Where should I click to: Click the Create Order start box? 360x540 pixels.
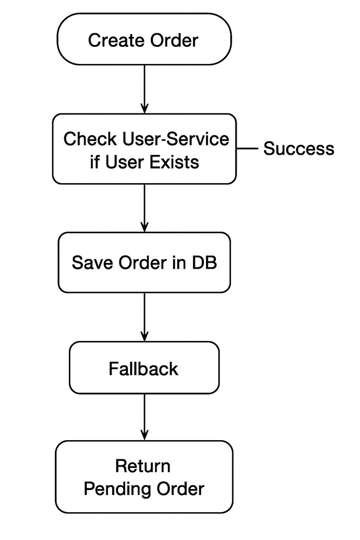click(144, 39)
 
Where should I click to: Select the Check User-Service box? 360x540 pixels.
click(144, 149)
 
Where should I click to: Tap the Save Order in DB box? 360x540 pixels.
click(144, 262)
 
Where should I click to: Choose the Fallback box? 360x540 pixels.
click(144, 368)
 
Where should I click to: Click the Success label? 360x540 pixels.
click(299, 148)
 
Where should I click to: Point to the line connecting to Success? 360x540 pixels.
click(247, 149)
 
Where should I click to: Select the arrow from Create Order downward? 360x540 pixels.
click(144, 89)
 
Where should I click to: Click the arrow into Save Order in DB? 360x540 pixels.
click(144, 208)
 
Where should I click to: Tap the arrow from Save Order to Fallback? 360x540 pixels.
click(144, 317)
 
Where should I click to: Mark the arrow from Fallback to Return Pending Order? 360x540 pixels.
click(144, 417)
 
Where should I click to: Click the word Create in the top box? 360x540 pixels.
click(116, 40)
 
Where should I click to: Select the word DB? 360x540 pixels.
click(204, 262)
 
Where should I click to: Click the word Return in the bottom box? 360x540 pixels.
click(143, 466)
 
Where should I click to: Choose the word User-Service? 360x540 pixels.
click(176, 139)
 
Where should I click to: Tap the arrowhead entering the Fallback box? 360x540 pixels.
click(144, 336)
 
